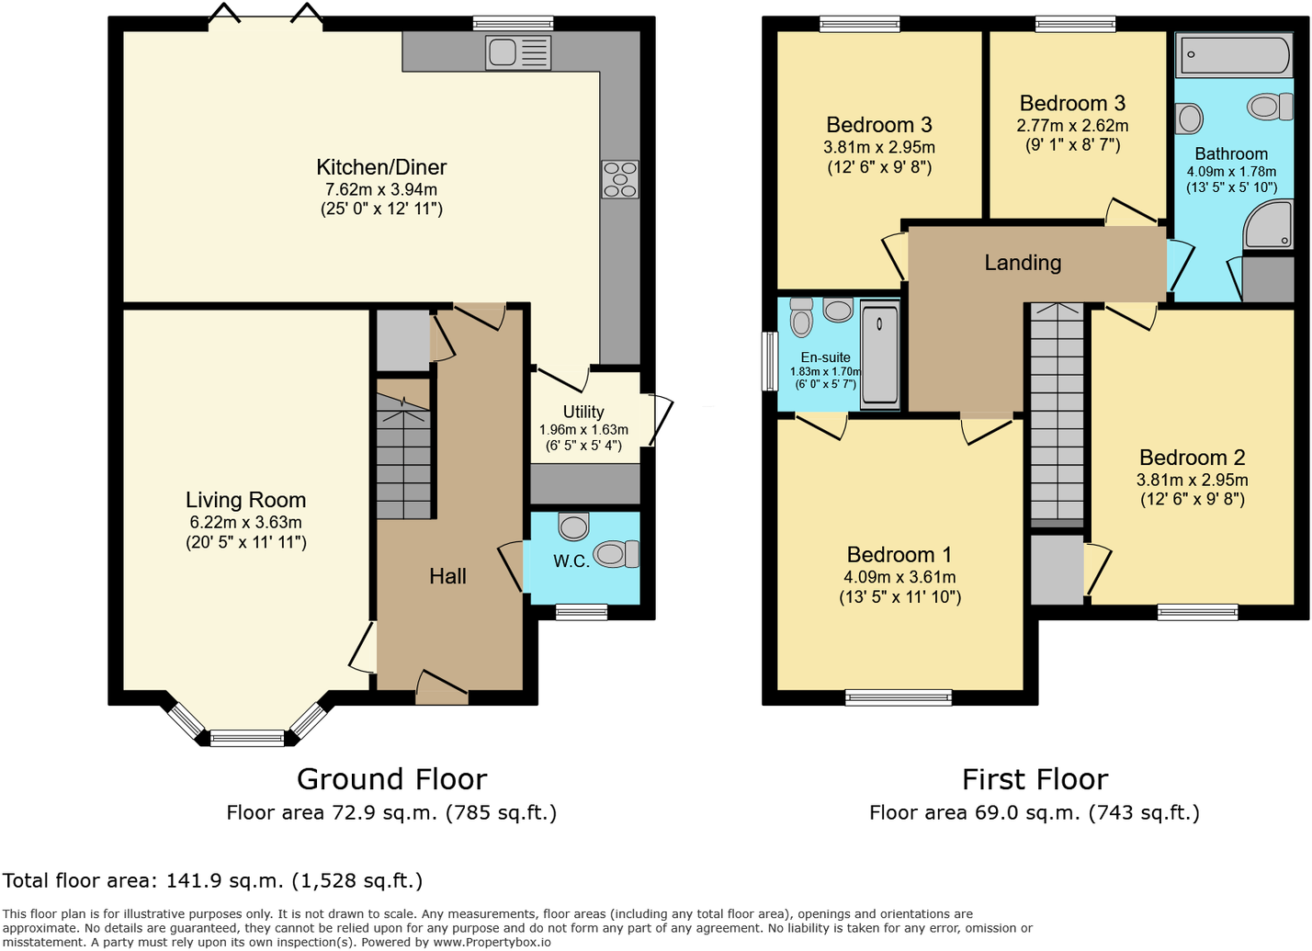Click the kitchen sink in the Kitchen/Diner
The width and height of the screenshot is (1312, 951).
(x=518, y=52)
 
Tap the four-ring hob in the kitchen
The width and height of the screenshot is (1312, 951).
(x=620, y=179)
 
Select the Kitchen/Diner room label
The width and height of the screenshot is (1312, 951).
(x=381, y=167)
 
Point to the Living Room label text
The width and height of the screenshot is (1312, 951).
(x=245, y=500)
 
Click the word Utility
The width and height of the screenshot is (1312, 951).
(x=583, y=412)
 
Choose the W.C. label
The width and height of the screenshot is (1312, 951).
(x=571, y=561)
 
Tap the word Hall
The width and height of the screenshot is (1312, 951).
(x=447, y=576)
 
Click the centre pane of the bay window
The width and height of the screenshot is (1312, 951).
(x=247, y=737)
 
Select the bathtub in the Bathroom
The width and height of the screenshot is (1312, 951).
(x=1236, y=55)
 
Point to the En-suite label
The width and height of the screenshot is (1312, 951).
(x=825, y=357)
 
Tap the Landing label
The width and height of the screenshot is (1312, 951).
(x=1023, y=263)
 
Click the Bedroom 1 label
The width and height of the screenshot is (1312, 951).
(x=899, y=555)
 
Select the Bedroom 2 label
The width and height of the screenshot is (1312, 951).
(x=1192, y=458)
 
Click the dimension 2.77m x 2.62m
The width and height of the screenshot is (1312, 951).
(x=1072, y=126)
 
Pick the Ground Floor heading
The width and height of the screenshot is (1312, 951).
(x=391, y=779)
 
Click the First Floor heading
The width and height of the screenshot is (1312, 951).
(x=1035, y=779)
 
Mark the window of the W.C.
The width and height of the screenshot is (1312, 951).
(x=582, y=612)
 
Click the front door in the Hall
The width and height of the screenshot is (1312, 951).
(x=442, y=695)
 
